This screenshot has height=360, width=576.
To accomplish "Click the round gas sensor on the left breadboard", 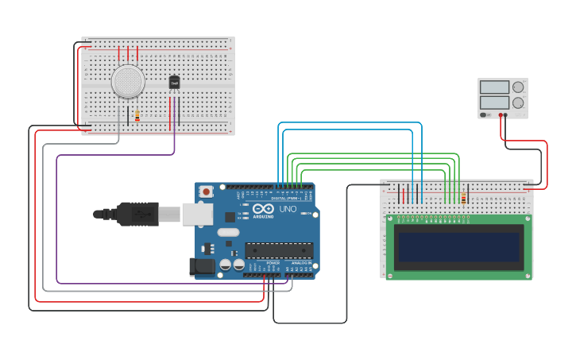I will click(128, 81).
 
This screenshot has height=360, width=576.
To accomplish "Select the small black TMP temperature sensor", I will click(175, 83).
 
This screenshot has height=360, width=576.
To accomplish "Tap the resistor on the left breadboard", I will click(137, 116).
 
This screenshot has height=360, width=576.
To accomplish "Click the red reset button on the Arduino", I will click(207, 192).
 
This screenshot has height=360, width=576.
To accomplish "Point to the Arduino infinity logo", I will click(263, 208).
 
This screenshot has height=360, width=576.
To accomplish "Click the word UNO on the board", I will click(288, 209).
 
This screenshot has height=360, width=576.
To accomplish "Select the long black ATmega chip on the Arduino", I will click(278, 250).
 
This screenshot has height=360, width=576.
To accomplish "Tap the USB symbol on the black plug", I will click(142, 214).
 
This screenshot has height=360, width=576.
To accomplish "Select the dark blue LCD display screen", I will click(459, 247).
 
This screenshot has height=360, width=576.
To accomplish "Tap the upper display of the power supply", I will click(494, 87).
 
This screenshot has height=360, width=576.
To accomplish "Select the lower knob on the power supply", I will click(518, 103).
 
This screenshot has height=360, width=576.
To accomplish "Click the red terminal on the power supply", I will click(501, 115).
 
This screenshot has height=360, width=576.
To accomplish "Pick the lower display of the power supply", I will click(494, 103).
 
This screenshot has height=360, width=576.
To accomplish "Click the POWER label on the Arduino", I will click(273, 262).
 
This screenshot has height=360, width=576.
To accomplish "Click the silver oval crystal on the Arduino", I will click(227, 233).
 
